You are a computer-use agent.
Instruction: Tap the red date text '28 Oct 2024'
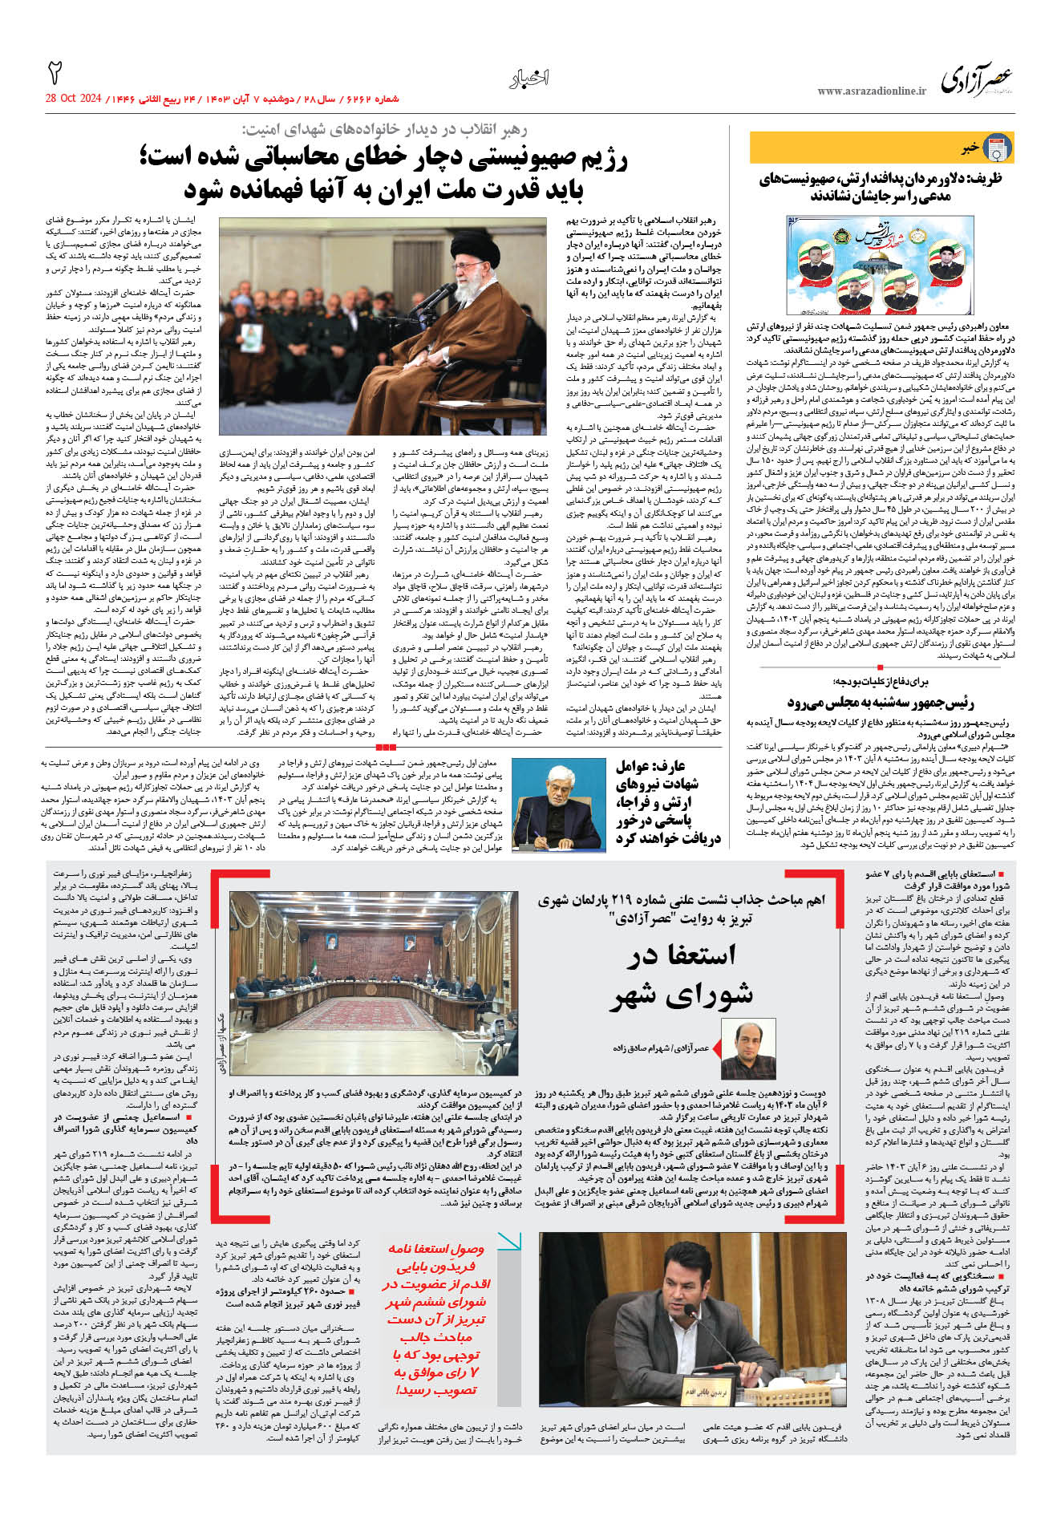(x=74, y=99)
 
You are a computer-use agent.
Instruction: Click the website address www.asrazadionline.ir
(x=872, y=91)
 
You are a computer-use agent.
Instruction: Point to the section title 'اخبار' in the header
(x=528, y=78)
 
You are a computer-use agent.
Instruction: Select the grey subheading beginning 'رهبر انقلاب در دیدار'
(x=385, y=129)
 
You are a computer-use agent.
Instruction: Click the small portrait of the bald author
(x=747, y=1048)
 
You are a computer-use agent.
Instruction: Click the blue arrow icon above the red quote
(x=508, y=1242)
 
